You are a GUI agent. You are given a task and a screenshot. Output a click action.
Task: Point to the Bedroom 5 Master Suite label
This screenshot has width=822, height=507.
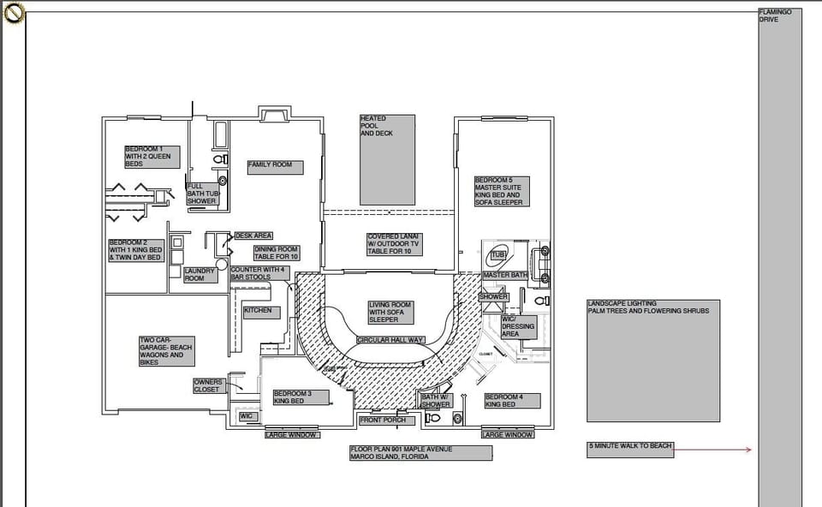click(x=501, y=191)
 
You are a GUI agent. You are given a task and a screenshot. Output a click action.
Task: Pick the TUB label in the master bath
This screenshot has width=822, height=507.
click(x=497, y=255)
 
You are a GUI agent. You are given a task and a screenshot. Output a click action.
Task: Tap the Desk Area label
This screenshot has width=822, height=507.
click(x=253, y=236)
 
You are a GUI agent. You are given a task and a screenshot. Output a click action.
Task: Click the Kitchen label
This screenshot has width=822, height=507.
click(x=261, y=312)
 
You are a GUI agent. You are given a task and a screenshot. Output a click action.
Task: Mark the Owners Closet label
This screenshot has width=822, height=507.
click(x=208, y=386)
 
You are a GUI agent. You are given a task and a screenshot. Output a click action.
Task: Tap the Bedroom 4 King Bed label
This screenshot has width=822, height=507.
click(x=511, y=400)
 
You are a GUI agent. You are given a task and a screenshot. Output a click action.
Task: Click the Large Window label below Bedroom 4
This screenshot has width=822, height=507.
click(x=507, y=435)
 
